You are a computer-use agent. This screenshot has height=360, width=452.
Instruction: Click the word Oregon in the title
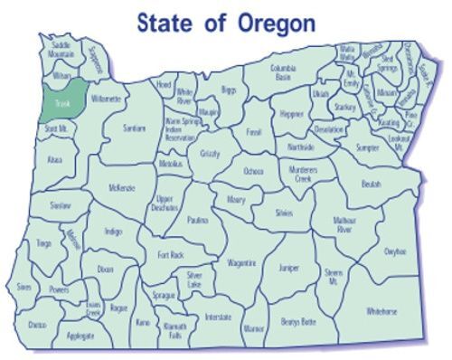point(271,23)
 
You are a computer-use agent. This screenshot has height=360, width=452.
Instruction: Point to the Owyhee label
point(394,251)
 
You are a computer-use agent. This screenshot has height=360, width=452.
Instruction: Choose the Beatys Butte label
point(299,321)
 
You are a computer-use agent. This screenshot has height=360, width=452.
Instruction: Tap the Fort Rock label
point(170,255)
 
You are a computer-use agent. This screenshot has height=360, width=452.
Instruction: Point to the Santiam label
point(135,128)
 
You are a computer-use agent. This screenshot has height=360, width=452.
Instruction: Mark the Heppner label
point(290,115)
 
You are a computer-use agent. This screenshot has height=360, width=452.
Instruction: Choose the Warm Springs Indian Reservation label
point(183,130)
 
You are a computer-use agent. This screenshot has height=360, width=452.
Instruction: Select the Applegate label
point(80,336)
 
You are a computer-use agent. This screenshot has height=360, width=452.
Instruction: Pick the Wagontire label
point(242,264)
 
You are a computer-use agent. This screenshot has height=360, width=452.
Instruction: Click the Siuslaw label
point(61,206)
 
